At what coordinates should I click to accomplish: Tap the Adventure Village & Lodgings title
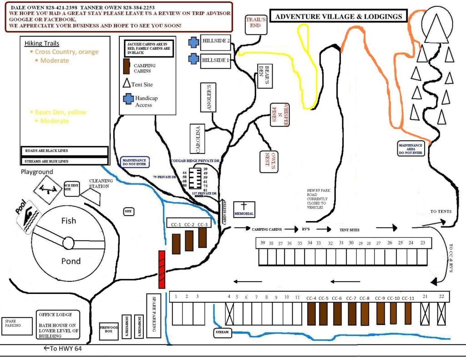point(339,17)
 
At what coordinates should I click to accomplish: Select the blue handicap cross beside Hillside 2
point(194,42)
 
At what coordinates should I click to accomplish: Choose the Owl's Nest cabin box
point(269,162)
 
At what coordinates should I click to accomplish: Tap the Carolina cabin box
point(198,139)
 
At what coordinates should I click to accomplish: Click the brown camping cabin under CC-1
point(176,243)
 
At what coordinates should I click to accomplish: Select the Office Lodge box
point(58,325)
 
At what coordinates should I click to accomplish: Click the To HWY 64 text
point(63,349)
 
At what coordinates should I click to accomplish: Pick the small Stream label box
point(223,332)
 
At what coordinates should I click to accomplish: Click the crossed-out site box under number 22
point(441,313)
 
